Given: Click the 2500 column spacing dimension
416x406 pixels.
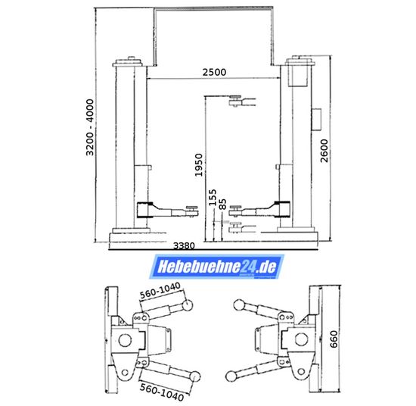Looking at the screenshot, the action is pos(214,72).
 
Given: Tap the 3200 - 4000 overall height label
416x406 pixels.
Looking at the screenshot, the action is pos(90,127).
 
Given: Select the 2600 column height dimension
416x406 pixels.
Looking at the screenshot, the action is pos(324,151).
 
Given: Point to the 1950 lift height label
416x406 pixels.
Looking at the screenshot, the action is pos(198,165).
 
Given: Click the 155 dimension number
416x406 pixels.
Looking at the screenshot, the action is pos(213,198).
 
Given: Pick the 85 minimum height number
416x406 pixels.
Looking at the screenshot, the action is pos(223,204).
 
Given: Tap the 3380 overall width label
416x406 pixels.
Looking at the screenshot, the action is pos(184,245).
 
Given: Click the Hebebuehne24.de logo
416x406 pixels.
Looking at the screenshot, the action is pos(216,267).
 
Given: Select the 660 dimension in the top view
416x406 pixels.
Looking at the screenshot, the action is pos(334,339).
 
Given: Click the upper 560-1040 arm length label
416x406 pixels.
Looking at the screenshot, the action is pos(160,291).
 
